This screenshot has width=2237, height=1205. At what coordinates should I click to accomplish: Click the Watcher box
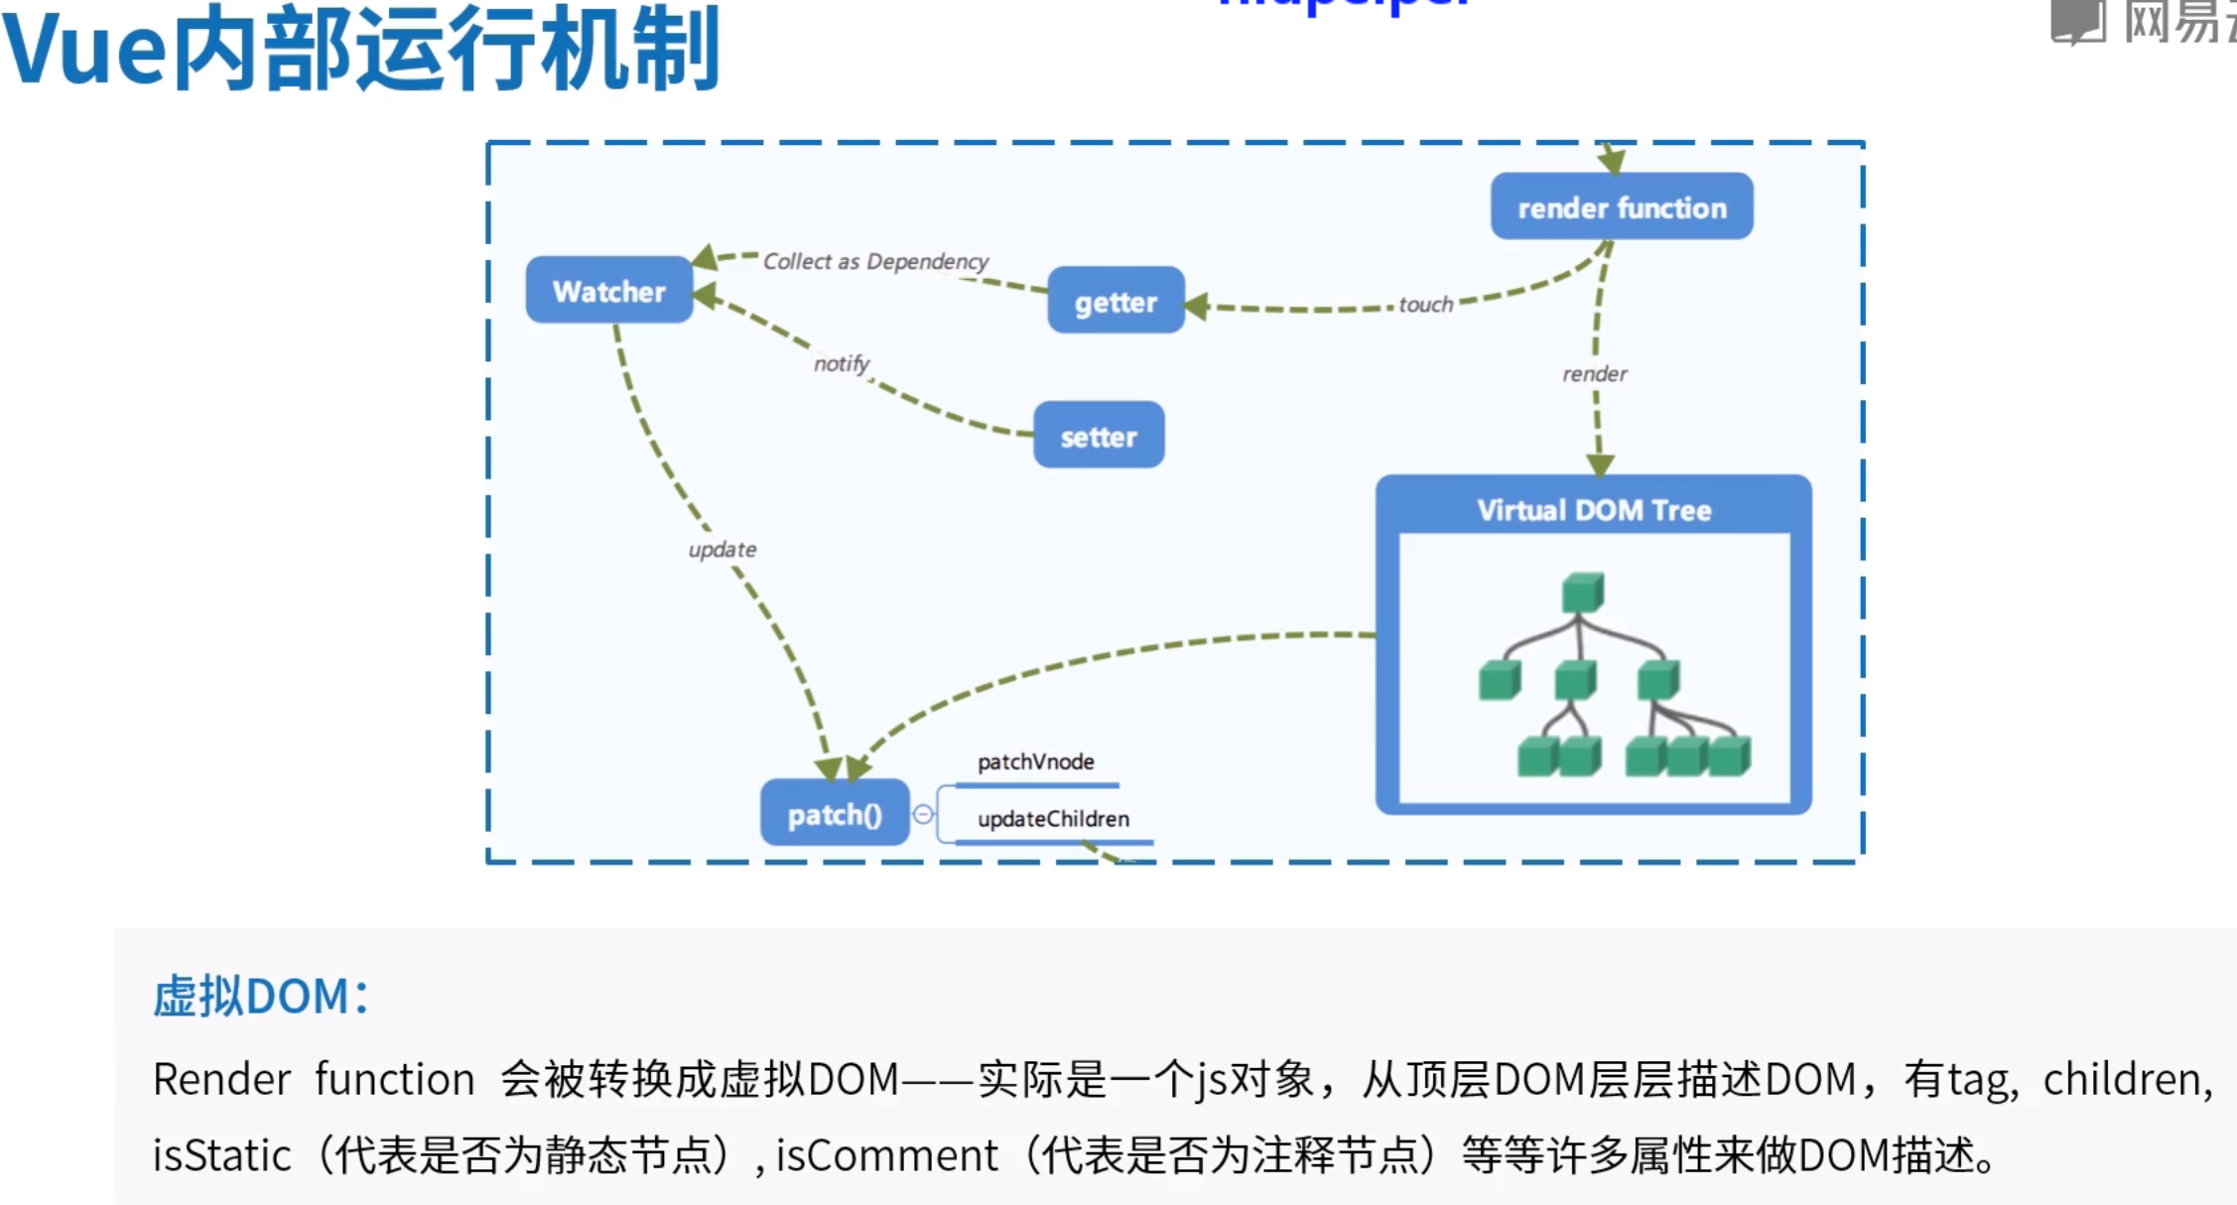click(608, 291)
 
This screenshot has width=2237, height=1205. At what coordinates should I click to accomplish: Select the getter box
click(1116, 301)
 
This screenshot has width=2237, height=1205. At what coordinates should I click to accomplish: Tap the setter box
click(1098, 436)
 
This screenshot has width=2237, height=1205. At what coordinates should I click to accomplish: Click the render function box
click(1622, 207)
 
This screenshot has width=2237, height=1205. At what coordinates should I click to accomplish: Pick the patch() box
click(834, 814)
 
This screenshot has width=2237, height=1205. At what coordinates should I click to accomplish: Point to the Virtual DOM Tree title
click(1594, 510)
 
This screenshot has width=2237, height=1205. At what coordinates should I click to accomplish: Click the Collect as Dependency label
click(875, 261)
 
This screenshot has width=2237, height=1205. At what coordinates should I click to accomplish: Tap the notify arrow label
click(841, 363)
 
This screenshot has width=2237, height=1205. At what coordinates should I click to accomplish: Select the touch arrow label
click(1425, 305)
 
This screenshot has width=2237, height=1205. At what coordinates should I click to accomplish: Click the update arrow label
click(722, 549)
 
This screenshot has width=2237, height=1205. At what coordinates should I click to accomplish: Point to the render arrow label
click(1594, 374)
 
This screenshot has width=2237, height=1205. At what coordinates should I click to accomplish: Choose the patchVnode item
click(1035, 761)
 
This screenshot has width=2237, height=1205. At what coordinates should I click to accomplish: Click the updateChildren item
click(1053, 819)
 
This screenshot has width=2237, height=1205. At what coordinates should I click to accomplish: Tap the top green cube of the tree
click(1582, 593)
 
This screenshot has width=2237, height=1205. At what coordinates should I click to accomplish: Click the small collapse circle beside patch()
click(923, 814)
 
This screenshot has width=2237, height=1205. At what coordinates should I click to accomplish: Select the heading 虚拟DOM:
click(261, 996)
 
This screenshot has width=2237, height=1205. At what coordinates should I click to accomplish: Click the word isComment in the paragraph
click(886, 1155)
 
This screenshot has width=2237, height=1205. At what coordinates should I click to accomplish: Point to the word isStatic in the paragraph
click(221, 1155)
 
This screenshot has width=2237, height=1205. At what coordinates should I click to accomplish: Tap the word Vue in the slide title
click(83, 50)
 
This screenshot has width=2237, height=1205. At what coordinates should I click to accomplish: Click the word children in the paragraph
click(2126, 1079)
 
